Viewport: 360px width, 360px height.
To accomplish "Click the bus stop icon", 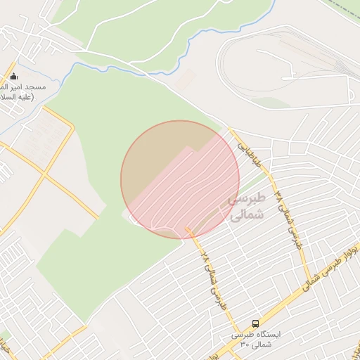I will [255, 324].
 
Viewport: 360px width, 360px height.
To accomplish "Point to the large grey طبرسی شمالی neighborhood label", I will [246, 207].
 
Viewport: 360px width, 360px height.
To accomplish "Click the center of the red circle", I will [180, 179].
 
